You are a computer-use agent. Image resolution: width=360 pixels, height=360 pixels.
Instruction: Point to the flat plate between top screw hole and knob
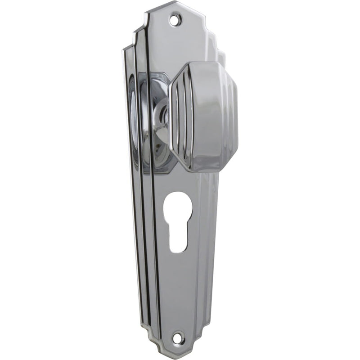180,45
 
